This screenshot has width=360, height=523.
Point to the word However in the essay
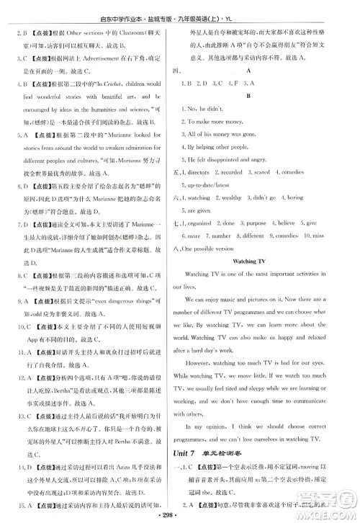coord(217,354)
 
